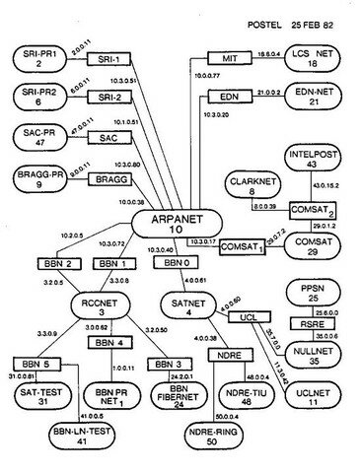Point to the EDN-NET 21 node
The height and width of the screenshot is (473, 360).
305,98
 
